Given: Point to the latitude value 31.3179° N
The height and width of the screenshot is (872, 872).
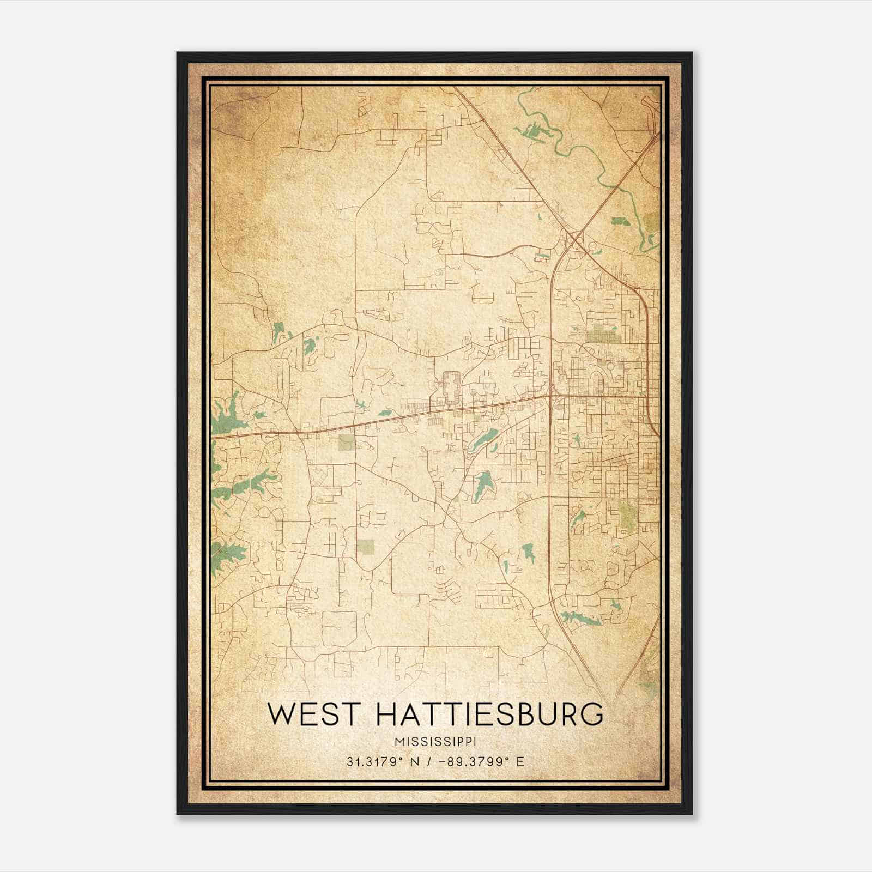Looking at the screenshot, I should [382, 761].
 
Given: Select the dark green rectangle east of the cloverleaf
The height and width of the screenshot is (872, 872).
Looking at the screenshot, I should [619, 221].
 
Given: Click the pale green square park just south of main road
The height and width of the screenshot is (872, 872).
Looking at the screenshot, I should [347, 442].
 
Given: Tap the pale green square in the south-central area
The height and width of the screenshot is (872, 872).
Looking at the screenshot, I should [366, 546].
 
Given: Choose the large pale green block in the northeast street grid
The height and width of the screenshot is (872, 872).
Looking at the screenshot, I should [602, 334].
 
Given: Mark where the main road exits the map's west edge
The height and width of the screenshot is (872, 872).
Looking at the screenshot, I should [214, 437].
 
